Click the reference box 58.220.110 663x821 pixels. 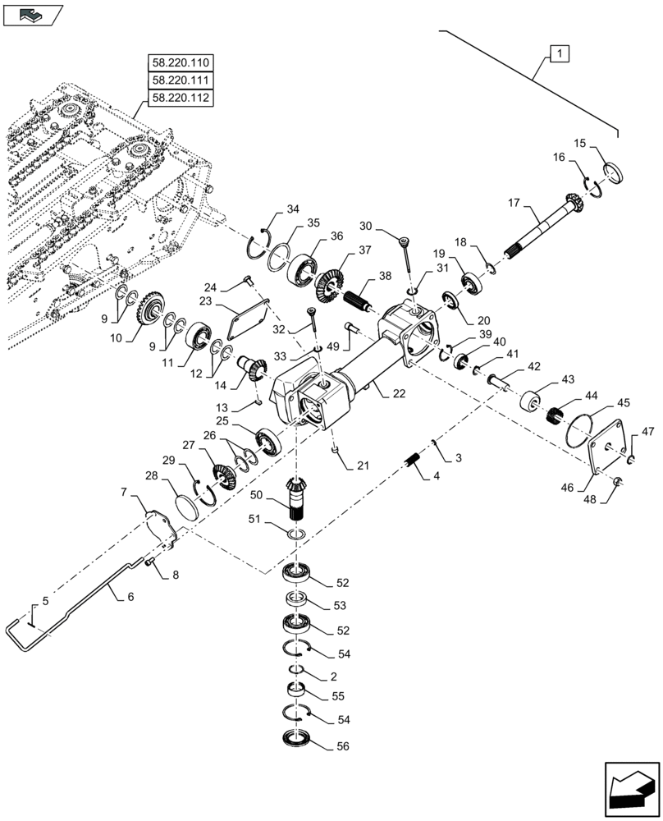tap(180, 62)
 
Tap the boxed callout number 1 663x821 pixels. tap(559, 55)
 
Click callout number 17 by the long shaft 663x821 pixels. tap(514, 201)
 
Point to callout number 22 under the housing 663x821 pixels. tap(398, 394)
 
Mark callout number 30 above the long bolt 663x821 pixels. tap(366, 226)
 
